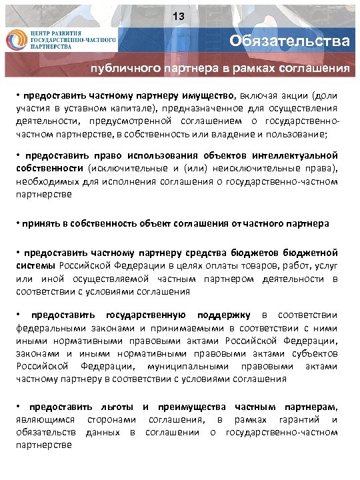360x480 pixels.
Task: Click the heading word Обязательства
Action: pyautogui.click(x=289, y=41)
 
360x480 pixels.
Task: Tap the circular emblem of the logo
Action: pyautogui.click(x=16, y=41)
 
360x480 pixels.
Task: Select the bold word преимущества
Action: pyautogui.click(x=191, y=407)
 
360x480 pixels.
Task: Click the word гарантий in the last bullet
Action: pyautogui.click(x=298, y=419)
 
